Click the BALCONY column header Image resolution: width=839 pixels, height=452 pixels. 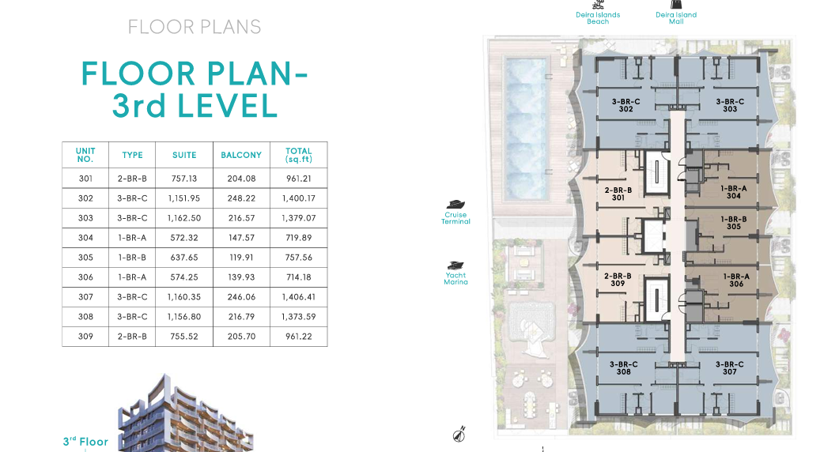241,155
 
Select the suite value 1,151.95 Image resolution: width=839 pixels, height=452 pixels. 184,198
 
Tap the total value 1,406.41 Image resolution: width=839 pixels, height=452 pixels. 299,297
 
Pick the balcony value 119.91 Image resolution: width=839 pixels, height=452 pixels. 241,258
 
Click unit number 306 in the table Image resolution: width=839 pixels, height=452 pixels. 85,277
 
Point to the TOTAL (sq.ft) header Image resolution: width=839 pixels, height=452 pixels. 299,155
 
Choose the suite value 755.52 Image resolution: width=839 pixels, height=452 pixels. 184,337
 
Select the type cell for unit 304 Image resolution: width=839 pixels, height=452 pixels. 132,238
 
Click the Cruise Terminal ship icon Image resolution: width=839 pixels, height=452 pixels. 455,205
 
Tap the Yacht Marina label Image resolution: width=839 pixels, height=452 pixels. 456,279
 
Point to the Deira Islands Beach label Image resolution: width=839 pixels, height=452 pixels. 598,18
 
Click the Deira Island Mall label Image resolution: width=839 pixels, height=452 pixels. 676,18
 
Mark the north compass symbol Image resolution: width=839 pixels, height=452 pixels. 459,435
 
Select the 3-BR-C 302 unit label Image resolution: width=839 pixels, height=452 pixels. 626,105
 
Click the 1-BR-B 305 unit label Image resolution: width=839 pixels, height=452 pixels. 734,223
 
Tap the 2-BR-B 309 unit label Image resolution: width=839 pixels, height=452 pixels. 618,280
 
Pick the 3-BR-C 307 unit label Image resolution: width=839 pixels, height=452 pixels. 730,368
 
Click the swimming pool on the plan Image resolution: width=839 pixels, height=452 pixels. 526,128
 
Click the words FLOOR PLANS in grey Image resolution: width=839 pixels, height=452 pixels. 195,27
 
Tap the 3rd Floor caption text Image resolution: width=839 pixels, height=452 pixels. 85,442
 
